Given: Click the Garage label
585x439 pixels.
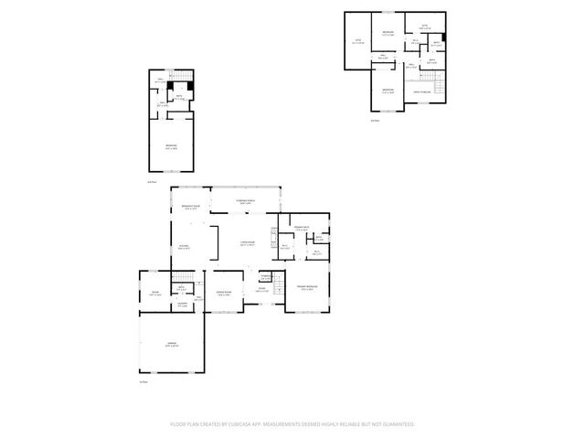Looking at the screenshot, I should (171, 345).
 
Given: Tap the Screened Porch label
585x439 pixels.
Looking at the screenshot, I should (246, 200).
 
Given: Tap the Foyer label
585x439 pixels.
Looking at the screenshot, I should (261, 290).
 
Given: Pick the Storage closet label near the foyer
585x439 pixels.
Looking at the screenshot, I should (265, 277).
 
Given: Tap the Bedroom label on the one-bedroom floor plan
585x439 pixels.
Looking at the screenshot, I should (171, 146).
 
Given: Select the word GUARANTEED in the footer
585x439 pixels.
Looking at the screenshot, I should (396, 424).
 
